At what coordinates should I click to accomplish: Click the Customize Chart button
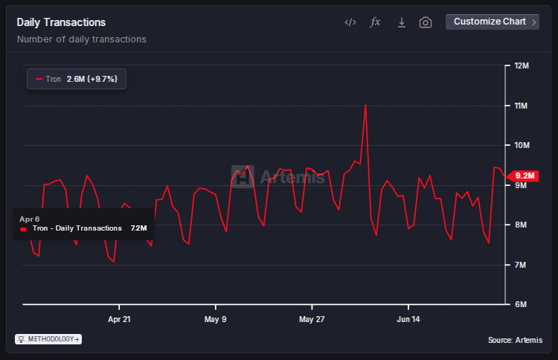pyautogui.click(x=493, y=22)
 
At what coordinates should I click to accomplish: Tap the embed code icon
pyautogui.click(x=350, y=22)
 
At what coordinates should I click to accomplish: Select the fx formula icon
pyautogui.click(x=376, y=22)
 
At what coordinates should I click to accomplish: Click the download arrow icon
pyautogui.click(x=401, y=22)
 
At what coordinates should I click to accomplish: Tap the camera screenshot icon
pyautogui.click(x=426, y=22)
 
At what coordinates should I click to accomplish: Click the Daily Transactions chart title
pyautogui.click(x=61, y=22)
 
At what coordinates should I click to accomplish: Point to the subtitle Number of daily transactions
pyautogui.click(x=81, y=39)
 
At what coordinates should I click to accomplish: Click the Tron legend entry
pyautogui.click(x=77, y=78)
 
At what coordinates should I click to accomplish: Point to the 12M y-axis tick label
pyautogui.click(x=521, y=66)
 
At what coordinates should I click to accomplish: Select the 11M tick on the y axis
pyautogui.click(x=521, y=106)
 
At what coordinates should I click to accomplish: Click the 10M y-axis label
pyautogui.click(x=521, y=146)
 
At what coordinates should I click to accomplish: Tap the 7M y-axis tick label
pyautogui.click(x=521, y=265)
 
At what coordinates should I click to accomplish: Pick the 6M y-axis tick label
pyautogui.click(x=521, y=304)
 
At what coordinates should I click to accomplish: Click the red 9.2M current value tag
pyautogui.click(x=523, y=176)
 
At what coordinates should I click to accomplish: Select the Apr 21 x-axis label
pyautogui.click(x=119, y=319)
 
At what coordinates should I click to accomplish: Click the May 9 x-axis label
pyautogui.click(x=216, y=319)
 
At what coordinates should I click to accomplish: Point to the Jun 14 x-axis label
pyautogui.click(x=408, y=319)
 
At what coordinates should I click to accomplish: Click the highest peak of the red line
pyautogui.click(x=365, y=105)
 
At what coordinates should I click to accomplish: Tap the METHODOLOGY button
pyautogui.click(x=48, y=339)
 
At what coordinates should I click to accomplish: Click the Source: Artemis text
pyautogui.click(x=515, y=340)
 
